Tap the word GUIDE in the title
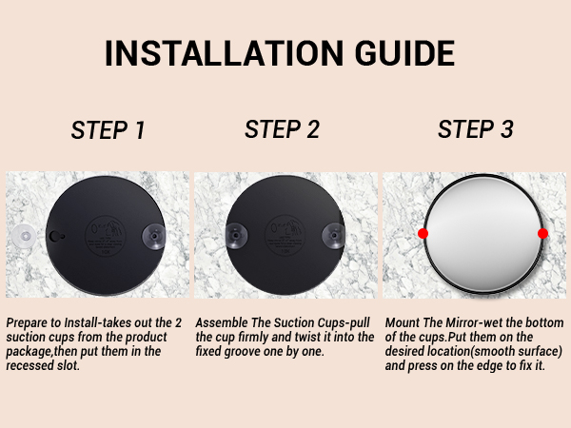[405, 53]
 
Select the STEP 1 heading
[108, 130]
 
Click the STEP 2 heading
[282, 129]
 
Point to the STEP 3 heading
[475, 129]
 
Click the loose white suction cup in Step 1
[24, 236]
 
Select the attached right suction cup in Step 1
[153, 236]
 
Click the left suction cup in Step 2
[236, 236]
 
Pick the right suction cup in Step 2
[333, 236]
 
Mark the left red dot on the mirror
[423, 234]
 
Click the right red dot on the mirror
[542, 234]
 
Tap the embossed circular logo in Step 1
[106, 236]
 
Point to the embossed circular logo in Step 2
[285, 236]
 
